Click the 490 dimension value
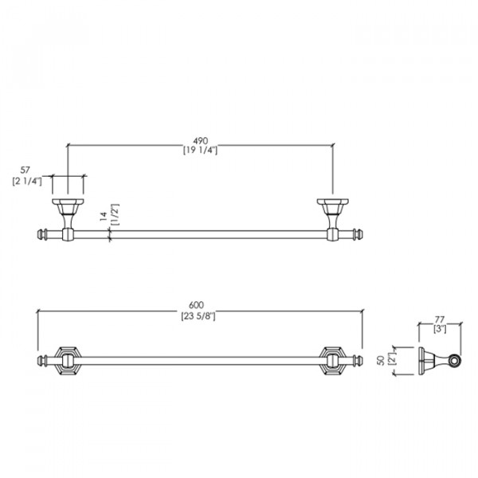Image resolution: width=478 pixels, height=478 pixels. (x=200, y=141)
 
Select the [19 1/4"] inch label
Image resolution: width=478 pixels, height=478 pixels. (x=200, y=151)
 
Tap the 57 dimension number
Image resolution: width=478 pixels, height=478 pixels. (x=25, y=170)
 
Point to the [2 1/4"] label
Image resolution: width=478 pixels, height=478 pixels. (x=27, y=182)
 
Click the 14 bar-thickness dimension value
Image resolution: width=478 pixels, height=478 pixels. (x=104, y=216)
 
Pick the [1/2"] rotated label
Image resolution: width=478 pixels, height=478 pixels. (x=116, y=214)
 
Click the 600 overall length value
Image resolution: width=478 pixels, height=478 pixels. (x=196, y=305)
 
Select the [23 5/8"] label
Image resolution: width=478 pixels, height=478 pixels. (x=198, y=316)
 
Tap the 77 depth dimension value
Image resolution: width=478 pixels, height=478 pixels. (x=439, y=319)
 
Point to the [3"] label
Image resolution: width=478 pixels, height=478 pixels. (x=440, y=329)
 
